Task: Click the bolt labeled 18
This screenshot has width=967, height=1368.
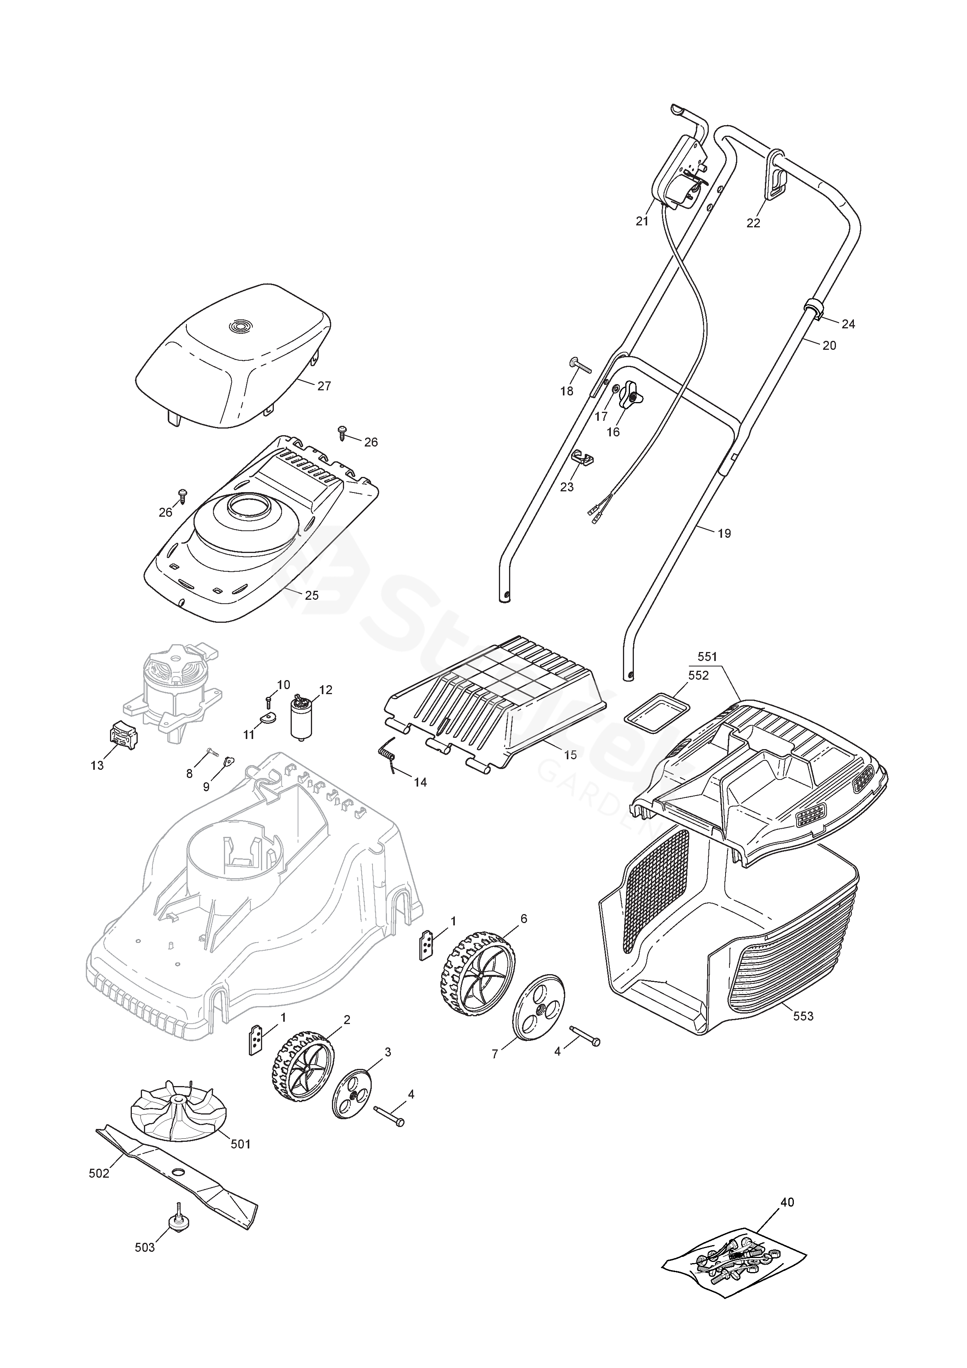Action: (x=578, y=366)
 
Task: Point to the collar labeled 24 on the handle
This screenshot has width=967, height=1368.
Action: (x=814, y=310)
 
